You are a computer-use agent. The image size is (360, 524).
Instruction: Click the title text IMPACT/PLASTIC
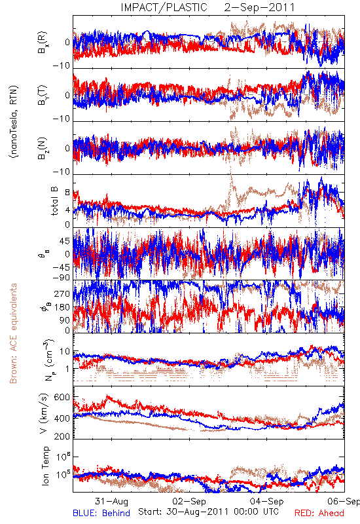point(164,7)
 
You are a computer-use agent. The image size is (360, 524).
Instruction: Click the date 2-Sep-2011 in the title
point(259,7)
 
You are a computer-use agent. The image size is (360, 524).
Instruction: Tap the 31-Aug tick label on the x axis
point(111,501)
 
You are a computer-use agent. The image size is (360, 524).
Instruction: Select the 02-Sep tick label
point(189,501)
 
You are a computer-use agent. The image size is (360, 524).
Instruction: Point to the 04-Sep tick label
point(267,501)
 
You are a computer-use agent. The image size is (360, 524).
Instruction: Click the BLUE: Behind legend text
point(101,513)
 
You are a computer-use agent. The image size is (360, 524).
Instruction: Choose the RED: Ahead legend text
point(319,513)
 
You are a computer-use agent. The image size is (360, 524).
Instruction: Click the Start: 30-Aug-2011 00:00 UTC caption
point(208,512)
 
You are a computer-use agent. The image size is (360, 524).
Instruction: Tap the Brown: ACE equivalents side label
point(13,333)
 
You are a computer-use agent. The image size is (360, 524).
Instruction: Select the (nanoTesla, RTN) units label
point(14,121)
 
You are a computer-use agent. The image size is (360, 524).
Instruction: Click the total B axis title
point(54,200)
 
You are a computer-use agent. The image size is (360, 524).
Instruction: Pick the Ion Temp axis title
point(45,466)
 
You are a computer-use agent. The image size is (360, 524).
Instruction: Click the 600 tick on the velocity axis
point(62,398)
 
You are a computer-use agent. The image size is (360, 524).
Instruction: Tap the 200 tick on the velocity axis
point(62,436)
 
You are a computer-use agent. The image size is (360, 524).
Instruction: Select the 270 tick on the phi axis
point(62,294)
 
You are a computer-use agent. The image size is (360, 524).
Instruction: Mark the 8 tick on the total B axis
point(67,193)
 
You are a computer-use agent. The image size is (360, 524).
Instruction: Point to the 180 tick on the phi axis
point(62,307)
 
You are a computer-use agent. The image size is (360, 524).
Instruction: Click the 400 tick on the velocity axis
point(62,418)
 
